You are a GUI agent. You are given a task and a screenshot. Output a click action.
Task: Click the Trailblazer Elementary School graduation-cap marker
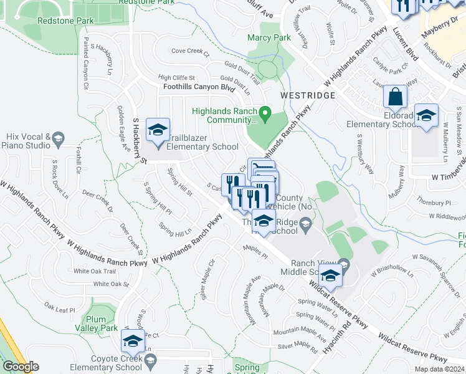(x=158, y=131)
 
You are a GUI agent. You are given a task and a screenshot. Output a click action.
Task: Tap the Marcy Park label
(x=269, y=38)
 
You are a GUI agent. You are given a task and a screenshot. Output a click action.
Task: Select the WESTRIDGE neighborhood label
(x=308, y=95)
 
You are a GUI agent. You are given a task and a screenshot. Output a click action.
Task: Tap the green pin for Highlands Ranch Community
(x=265, y=113)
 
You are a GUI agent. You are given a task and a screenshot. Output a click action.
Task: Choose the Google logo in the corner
(x=21, y=367)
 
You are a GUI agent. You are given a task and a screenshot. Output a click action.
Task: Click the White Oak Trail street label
(x=94, y=271)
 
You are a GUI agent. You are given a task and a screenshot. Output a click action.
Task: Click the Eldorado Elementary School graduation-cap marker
(x=427, y=116)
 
